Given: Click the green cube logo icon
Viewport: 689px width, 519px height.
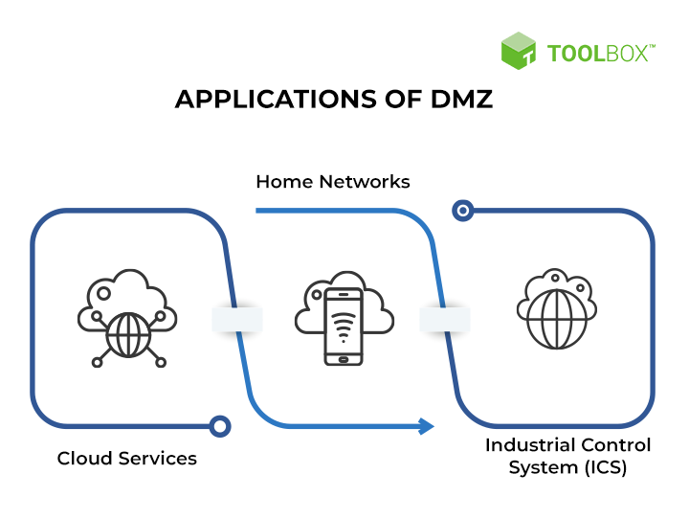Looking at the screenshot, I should coord(519,51).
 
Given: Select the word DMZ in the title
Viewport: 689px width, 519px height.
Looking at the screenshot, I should coord(459,100).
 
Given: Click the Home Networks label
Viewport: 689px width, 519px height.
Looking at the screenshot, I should coord(332,181).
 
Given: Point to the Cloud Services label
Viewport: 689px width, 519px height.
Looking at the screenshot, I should coord(126,458).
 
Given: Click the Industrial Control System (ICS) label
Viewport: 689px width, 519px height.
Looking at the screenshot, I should coord(567,456).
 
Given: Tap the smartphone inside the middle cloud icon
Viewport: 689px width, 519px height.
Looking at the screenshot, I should coord(344,326).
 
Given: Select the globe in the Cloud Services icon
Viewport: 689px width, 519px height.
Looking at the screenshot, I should coord(127,336).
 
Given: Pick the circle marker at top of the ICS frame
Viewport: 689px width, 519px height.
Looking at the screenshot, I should coord(463,211).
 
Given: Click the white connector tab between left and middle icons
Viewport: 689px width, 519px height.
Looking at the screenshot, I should coord(236,319).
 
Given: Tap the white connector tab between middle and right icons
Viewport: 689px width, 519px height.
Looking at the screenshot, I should coord(445,319).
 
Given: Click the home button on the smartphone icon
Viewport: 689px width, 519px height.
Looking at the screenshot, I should coord(344,359).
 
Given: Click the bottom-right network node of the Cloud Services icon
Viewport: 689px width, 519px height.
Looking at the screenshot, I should coord(160,362).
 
